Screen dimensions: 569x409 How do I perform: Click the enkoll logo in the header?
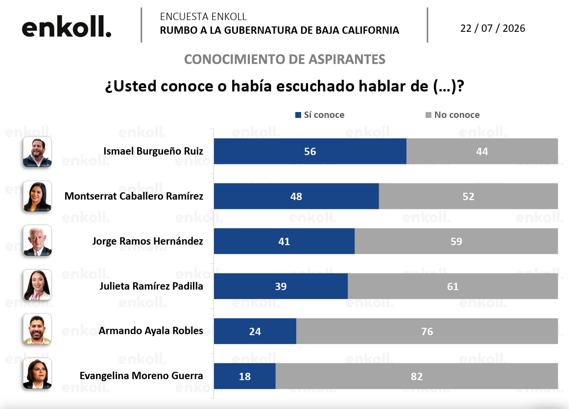67,26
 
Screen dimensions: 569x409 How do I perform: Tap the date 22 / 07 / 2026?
493,28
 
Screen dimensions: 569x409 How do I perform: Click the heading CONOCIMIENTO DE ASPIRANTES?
284,59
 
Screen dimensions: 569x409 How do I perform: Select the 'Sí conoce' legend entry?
320,115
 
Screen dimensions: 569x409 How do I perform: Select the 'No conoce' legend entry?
452,115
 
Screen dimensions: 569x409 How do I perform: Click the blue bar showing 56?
310,151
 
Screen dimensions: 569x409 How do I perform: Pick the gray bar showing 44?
482,151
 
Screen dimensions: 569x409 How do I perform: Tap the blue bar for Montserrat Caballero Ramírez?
296,196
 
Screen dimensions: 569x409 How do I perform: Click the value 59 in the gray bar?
456,242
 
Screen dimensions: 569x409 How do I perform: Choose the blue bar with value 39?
281,286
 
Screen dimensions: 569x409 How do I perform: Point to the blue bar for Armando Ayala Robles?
255,331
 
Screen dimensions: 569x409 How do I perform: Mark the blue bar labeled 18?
244,376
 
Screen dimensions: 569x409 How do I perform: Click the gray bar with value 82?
417,376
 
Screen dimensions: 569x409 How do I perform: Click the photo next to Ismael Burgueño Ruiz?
37,152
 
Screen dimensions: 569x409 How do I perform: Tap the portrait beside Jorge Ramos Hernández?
37,240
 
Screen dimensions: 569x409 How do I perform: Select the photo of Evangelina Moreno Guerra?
37,373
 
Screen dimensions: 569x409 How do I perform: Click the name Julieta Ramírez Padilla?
151,286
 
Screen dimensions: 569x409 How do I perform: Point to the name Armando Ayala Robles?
151,331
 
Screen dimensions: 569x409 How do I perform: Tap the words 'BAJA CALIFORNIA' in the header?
357,30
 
